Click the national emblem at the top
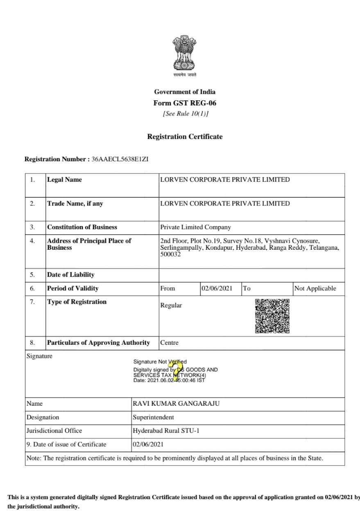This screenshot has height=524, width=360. tap(184, 53)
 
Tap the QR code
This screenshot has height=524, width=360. tap(272, 316)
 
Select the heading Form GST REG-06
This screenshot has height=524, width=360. tap(185, 103)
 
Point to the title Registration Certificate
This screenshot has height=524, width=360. tap(185, 137)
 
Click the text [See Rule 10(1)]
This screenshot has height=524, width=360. tap(185, 114)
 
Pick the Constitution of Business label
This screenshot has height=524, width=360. tap(82, 227)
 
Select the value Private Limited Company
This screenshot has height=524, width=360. tap(195, 227)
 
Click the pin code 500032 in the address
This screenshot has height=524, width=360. tap(170, 254)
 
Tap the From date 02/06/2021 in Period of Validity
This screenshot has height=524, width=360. tap(217, 288)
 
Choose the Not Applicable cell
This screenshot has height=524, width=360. tap(315, 288)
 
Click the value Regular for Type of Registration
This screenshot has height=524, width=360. tap(171, 305)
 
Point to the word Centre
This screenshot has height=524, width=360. tap(169, 343)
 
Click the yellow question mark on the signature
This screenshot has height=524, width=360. tap(177, 370)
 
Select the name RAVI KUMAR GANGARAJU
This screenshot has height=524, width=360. tap(176, 404)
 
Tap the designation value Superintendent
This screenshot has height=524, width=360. tap(153, 418)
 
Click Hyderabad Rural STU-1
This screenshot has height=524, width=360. tap(166, 431)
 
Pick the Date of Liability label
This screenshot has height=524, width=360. tap(70, 275)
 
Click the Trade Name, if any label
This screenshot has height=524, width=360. tap(75, 203)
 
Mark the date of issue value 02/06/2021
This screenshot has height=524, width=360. tap(148, 444)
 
